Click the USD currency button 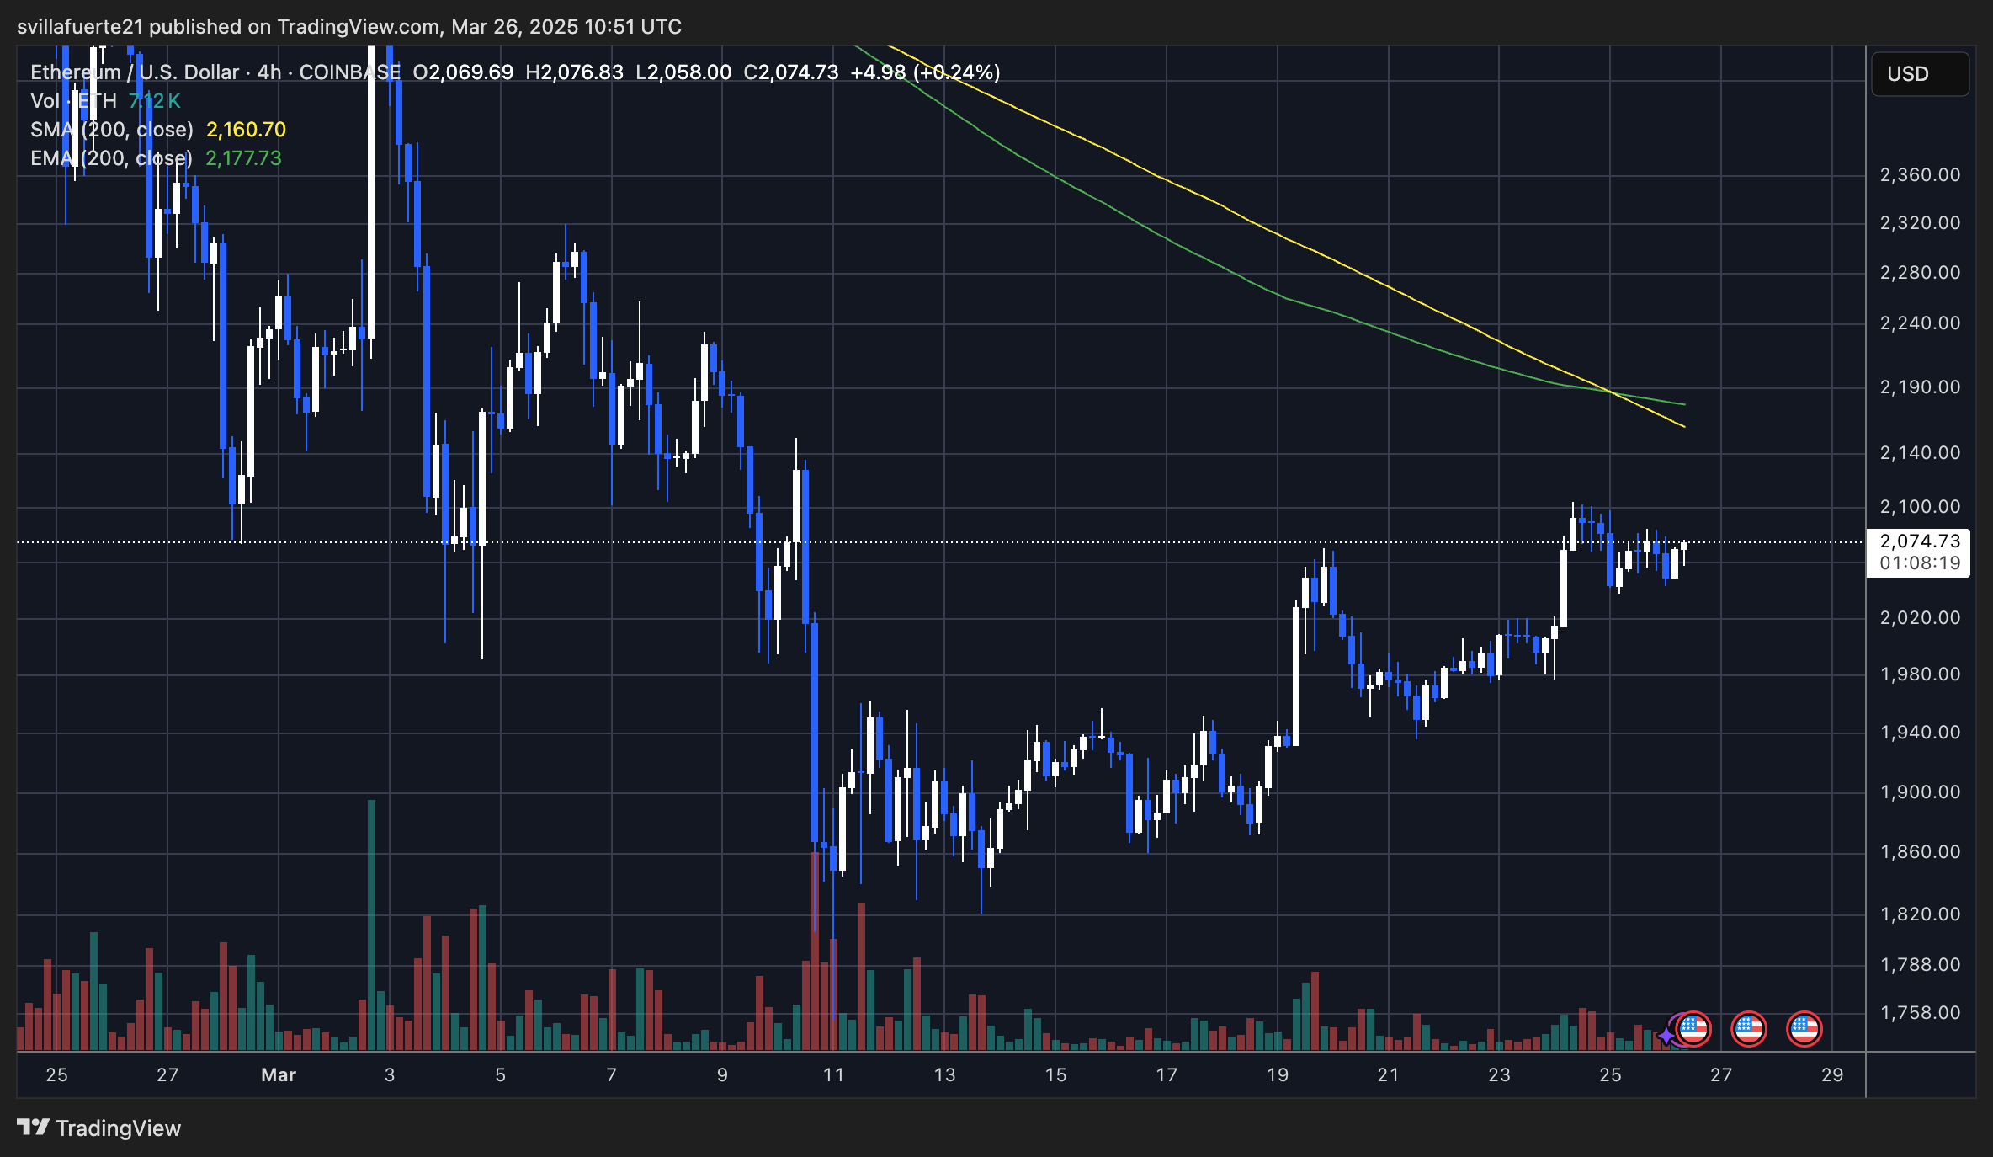pyautogui.click(x=1919, y=74)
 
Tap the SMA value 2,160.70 pyautogui.click(x=246, y=130)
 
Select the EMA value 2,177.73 pyautogui.click(x=243, y=158)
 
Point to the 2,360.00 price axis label pyautogui.click(x=1920, y=175)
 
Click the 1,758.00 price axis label pyautogui.click(x=1920, y=1012)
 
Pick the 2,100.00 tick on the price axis pyautogui.click(x=1920, y=506)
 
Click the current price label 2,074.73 pyautogui.click(x=1920, y=541)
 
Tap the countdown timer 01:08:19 pyautogui.click(x=1920, y=563)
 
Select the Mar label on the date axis pyautogui.click(x=279, y=1074)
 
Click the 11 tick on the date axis pyautogui.click(x=833, y=1074)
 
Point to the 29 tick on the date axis pyautogui.click(x=1832, y=1074)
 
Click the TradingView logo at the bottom pyautogui.click(x=99, y=1128)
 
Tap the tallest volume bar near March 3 pyautogui.click(x=371, y=926)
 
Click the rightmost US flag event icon pyautogui.click(x=1804, y=1028)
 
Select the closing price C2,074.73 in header pyautogui.click(x=790, y=72)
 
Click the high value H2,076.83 pyautogui.click(x=574, y=72)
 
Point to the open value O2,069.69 pyautogui.click(x=462, y=72)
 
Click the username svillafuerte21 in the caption pyautogui.click(x=79, y=27)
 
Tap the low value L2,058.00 pyautogui.click(x=683, y=72)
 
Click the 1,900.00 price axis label pyautogui.click(x=1920, y=792)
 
